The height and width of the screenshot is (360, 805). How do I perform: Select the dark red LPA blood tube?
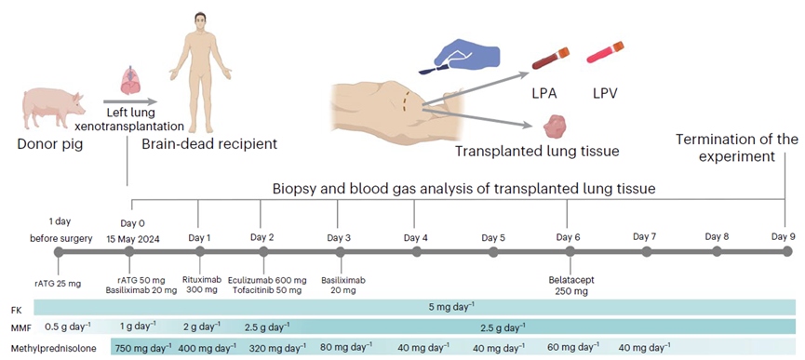(550, 59)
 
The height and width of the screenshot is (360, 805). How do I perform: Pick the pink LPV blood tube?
(605, 53)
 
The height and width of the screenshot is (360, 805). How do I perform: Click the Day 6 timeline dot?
(570, 252)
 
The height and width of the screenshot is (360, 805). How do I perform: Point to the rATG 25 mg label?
(58, 284)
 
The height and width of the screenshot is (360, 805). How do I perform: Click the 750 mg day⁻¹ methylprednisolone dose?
(145, 347)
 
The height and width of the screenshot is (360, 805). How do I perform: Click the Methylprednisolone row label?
(54, 348)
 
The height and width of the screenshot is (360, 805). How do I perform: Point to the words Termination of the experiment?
(737, 148)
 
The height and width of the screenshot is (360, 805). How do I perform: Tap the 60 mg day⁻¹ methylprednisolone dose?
(572, 347)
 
